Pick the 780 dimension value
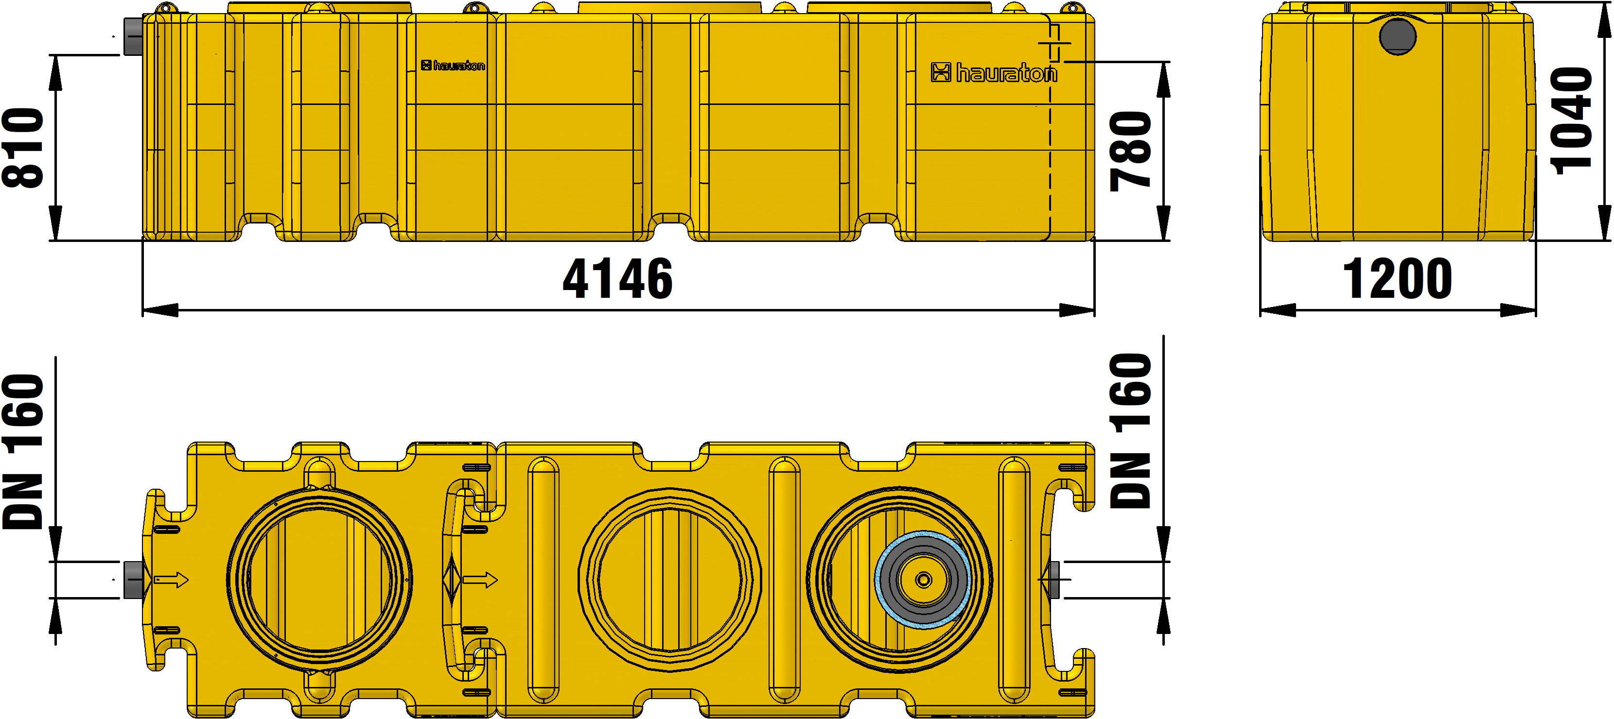point(1131,150)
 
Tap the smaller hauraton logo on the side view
point(453,66)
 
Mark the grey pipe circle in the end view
point(1398,35)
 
